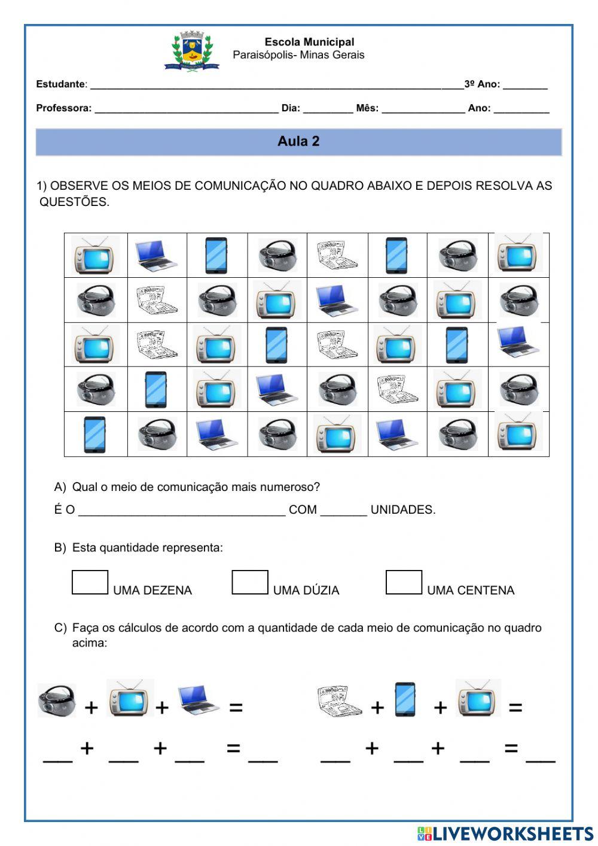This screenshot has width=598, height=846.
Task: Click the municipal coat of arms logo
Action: [x=191, y=51]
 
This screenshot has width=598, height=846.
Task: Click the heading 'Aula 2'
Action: [x=298, y=141]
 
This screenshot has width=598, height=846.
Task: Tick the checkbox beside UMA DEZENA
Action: [x=90, y=583]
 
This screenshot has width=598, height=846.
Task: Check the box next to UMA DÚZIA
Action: [x=249, y=583]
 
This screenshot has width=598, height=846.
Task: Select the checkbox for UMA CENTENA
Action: [x=404, y=583]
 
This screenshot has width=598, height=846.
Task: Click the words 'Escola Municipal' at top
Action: [x=309, y=42]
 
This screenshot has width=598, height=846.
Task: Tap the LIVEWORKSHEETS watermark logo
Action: [x=505, y=833]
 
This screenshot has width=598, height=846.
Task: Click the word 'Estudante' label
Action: [x=60, y=84]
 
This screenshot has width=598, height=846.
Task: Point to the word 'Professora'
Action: [x=63, y=108]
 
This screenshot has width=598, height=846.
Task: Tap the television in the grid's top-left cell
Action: [x=95, y=256]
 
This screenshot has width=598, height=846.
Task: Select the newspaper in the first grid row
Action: [x=337, y=255]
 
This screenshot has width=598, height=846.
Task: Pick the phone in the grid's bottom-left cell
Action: [x=94, y=434]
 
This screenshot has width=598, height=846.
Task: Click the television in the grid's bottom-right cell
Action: [x=518, y=434]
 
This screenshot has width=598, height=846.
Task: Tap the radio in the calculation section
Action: [x=57, y=699]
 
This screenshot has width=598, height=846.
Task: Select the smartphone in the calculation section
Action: [x=405, y=699]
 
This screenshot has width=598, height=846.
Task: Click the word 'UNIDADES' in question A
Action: [x=402, y=510]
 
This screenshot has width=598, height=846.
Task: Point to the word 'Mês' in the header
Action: [x=366, y=108]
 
